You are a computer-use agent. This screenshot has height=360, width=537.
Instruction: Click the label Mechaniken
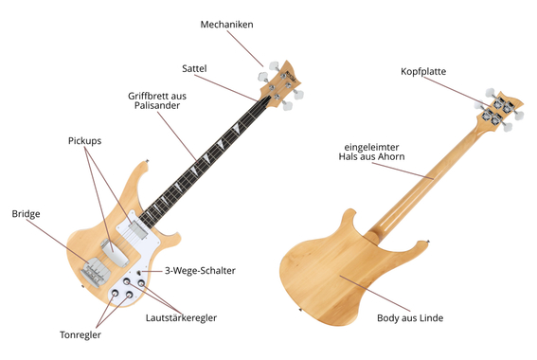(227, 24)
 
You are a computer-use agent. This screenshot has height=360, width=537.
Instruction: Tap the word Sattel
(194, 68)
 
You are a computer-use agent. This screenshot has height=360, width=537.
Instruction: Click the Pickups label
(84, 140)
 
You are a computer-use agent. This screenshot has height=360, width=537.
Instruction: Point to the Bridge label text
(26, 214)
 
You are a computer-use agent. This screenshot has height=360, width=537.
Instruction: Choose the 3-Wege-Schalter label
(200, 271)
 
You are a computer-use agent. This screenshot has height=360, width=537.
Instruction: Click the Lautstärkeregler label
(181, 318)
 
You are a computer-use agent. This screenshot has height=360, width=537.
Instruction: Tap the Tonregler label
(80, 334)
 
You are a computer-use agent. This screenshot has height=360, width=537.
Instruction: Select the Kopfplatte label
(423, 71)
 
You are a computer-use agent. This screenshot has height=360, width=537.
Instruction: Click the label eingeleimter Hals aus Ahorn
(375, 152)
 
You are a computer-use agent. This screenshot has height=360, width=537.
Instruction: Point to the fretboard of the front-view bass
(204, 161)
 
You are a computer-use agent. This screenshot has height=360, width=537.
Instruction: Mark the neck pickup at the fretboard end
(135, 225)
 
